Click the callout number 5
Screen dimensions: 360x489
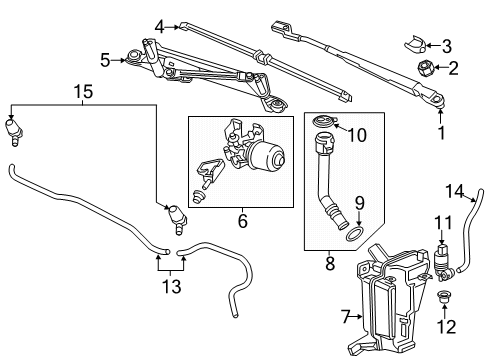(x=104, y=60)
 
